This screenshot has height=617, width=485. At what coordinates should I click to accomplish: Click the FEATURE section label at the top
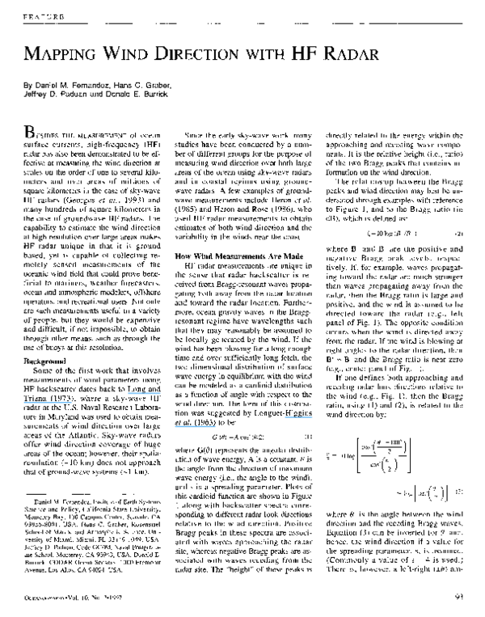pyautogui.click(x=43, y=15)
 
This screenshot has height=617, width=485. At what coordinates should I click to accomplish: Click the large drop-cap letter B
pyautogui.click(x=32, y=133)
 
